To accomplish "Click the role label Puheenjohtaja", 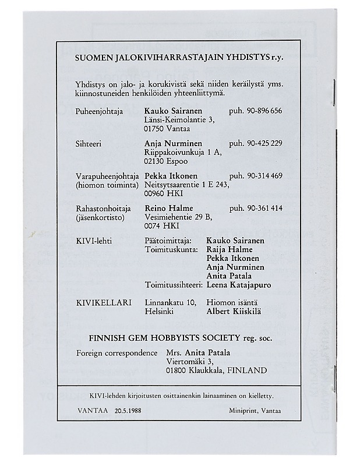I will (100, 111).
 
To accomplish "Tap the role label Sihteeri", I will (89, 143).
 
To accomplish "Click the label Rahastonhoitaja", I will (104, 208).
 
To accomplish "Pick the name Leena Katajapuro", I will (239, 285).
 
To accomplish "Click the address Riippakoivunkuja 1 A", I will (181, 152).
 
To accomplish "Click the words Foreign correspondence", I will (117, 353).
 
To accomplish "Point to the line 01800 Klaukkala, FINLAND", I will (217, 370).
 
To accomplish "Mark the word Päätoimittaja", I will (167, 240).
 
